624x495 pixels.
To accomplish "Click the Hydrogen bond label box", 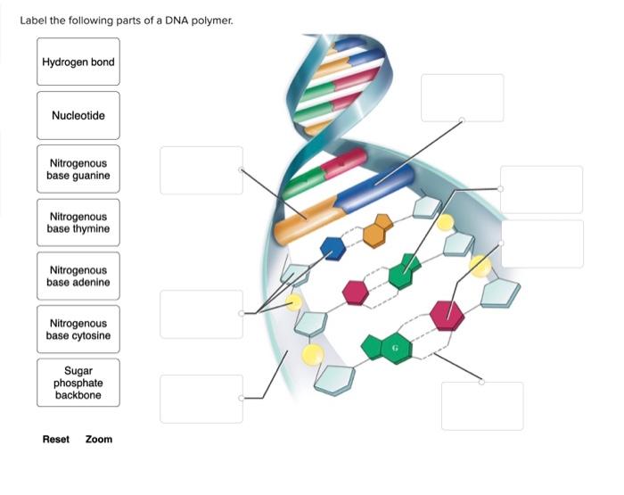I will click(78, 62).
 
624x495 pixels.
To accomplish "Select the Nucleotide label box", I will click(78, 115).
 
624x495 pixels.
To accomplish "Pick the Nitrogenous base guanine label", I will click(78, 169).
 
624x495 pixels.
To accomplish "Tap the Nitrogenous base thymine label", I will click(78, 222).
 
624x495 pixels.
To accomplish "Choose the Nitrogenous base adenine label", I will click(78, 276).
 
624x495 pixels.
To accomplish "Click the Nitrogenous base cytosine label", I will click(78, 329).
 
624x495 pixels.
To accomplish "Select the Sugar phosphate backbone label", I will click(78, 383).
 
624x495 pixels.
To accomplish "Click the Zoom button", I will click(99, 439).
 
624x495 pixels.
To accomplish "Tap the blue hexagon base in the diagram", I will click(333, 247).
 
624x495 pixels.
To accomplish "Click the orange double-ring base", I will click(377, 230).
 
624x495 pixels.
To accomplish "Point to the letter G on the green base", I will click(391, 344).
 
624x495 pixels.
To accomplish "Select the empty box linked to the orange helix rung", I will click(201, 169).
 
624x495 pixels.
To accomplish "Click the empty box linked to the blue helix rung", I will click(462, 97).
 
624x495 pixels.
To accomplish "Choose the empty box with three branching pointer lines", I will click(201, 314).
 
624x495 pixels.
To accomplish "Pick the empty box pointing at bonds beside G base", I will click(481, 406).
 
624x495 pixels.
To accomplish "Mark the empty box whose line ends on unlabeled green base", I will click(541, 189).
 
